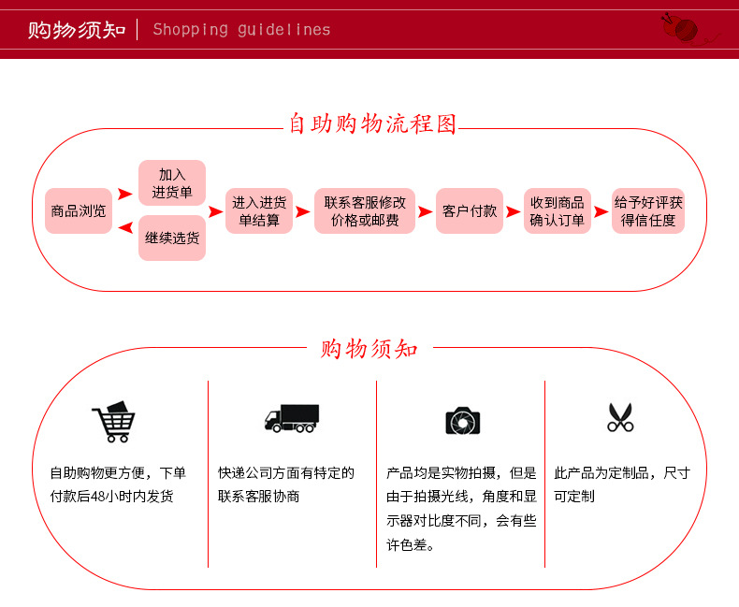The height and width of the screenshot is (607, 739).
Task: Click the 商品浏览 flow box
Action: pyautogui.click(x=79, y=210)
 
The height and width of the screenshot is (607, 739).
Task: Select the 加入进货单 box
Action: pyautogui.click(x=172, y=183)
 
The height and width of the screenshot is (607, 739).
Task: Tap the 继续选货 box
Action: pyautogui.click(x=172, y=238)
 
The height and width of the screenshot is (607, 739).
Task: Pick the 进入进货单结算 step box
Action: pyautogui.click(x=259, y=210)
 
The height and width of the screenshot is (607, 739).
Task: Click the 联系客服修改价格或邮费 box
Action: pyautogui.click(x=365, y=210)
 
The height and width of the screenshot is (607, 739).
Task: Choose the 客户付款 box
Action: pyautogui.click(x=470, y=210)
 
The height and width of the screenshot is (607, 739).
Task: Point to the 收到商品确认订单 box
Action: pyautogui.click(x=558, y=210)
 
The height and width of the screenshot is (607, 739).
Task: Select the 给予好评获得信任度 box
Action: pyautogui.click(x=648, y=210)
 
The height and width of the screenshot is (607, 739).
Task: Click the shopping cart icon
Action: pyautogui.click(x=113, y=422)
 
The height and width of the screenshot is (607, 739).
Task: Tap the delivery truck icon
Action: pyautogui.click(x=292, y=418)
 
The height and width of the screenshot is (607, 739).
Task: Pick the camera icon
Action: pyautogui.click(x=463, y=421)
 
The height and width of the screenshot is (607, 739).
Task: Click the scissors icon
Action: pyautogui.click(x=620, y=417)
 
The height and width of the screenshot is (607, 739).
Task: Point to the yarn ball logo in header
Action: pyautogui.click(x=681, y=28)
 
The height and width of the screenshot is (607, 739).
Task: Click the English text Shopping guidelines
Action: pyautogui.click(x=241, y=30)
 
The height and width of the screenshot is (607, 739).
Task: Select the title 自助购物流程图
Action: pyautogui.click(x=372, y=124)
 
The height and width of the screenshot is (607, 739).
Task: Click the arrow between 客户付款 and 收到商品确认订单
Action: pyautogui.click(x=514, y=211)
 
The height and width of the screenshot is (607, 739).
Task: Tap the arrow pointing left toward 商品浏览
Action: pyautogui.click(x=125, y=228)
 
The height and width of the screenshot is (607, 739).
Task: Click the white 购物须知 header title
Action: pyautogui.click(x=77, y=30)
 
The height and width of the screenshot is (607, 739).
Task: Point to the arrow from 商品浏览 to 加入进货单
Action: pyautogui.click(x=125, y=194)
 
